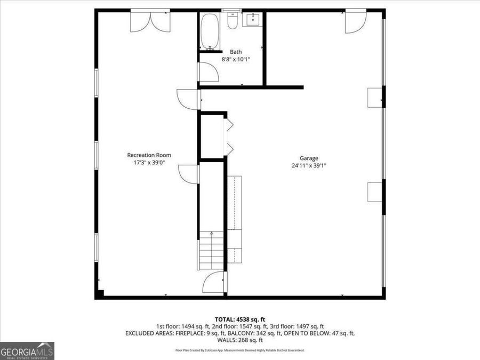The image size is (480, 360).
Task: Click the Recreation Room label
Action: tap(149, 155)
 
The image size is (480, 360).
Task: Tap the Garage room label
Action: tap(309, 158)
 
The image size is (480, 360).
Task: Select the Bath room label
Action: tap(236, 52)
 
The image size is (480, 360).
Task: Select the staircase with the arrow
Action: tap(212, 251)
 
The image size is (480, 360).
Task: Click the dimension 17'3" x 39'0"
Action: tap(149, 163)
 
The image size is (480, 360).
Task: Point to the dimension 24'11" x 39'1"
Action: tap(309, 165)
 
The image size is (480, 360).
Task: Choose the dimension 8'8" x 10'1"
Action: tap(236, 59)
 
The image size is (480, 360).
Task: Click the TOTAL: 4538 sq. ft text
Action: tap(239, 318)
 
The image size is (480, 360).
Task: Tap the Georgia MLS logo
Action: tap(27, 351)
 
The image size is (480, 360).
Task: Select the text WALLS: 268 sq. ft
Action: tap(239, 340)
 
